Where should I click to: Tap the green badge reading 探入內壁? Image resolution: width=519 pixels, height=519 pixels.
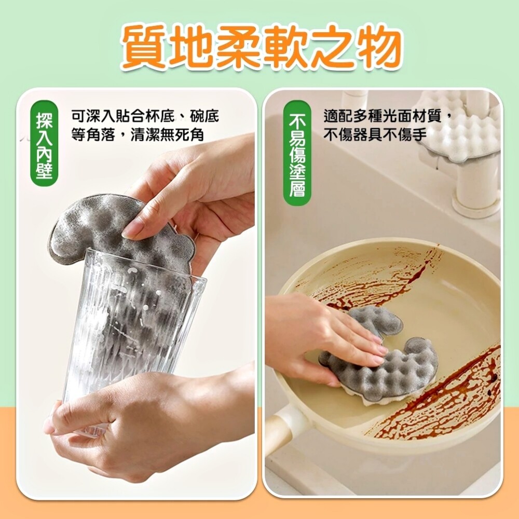tap(44, 143)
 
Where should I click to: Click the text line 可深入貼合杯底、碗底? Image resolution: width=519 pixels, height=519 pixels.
tap(145, 116)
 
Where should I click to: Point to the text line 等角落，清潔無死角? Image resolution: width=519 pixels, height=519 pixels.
tap(138, 135)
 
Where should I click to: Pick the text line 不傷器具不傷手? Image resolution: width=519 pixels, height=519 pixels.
tap(375, 135)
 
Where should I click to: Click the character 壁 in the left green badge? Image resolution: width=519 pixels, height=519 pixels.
tap(44, 172)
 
